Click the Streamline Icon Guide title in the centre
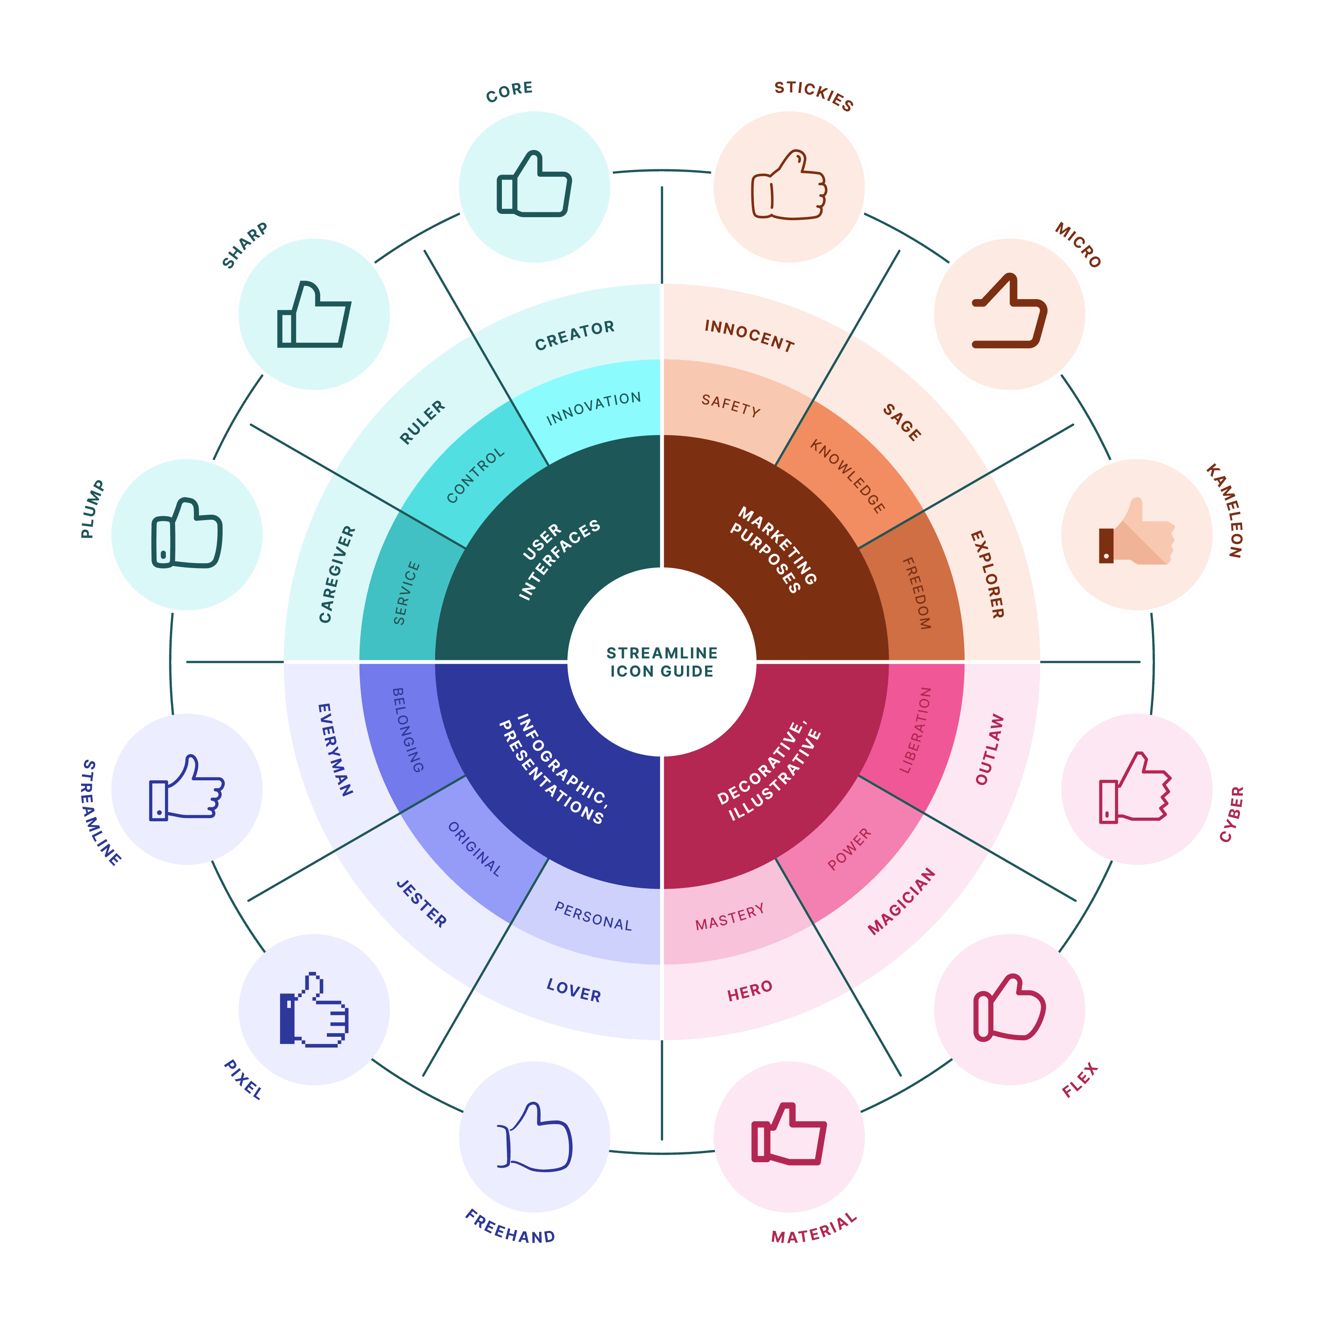coord(662,662)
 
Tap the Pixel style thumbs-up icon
coord(314,1010)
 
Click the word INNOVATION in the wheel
coord(593,408)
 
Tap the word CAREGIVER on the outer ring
coord(337,574)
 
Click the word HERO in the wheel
coord(750,990)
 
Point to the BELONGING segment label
coord(407,730)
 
